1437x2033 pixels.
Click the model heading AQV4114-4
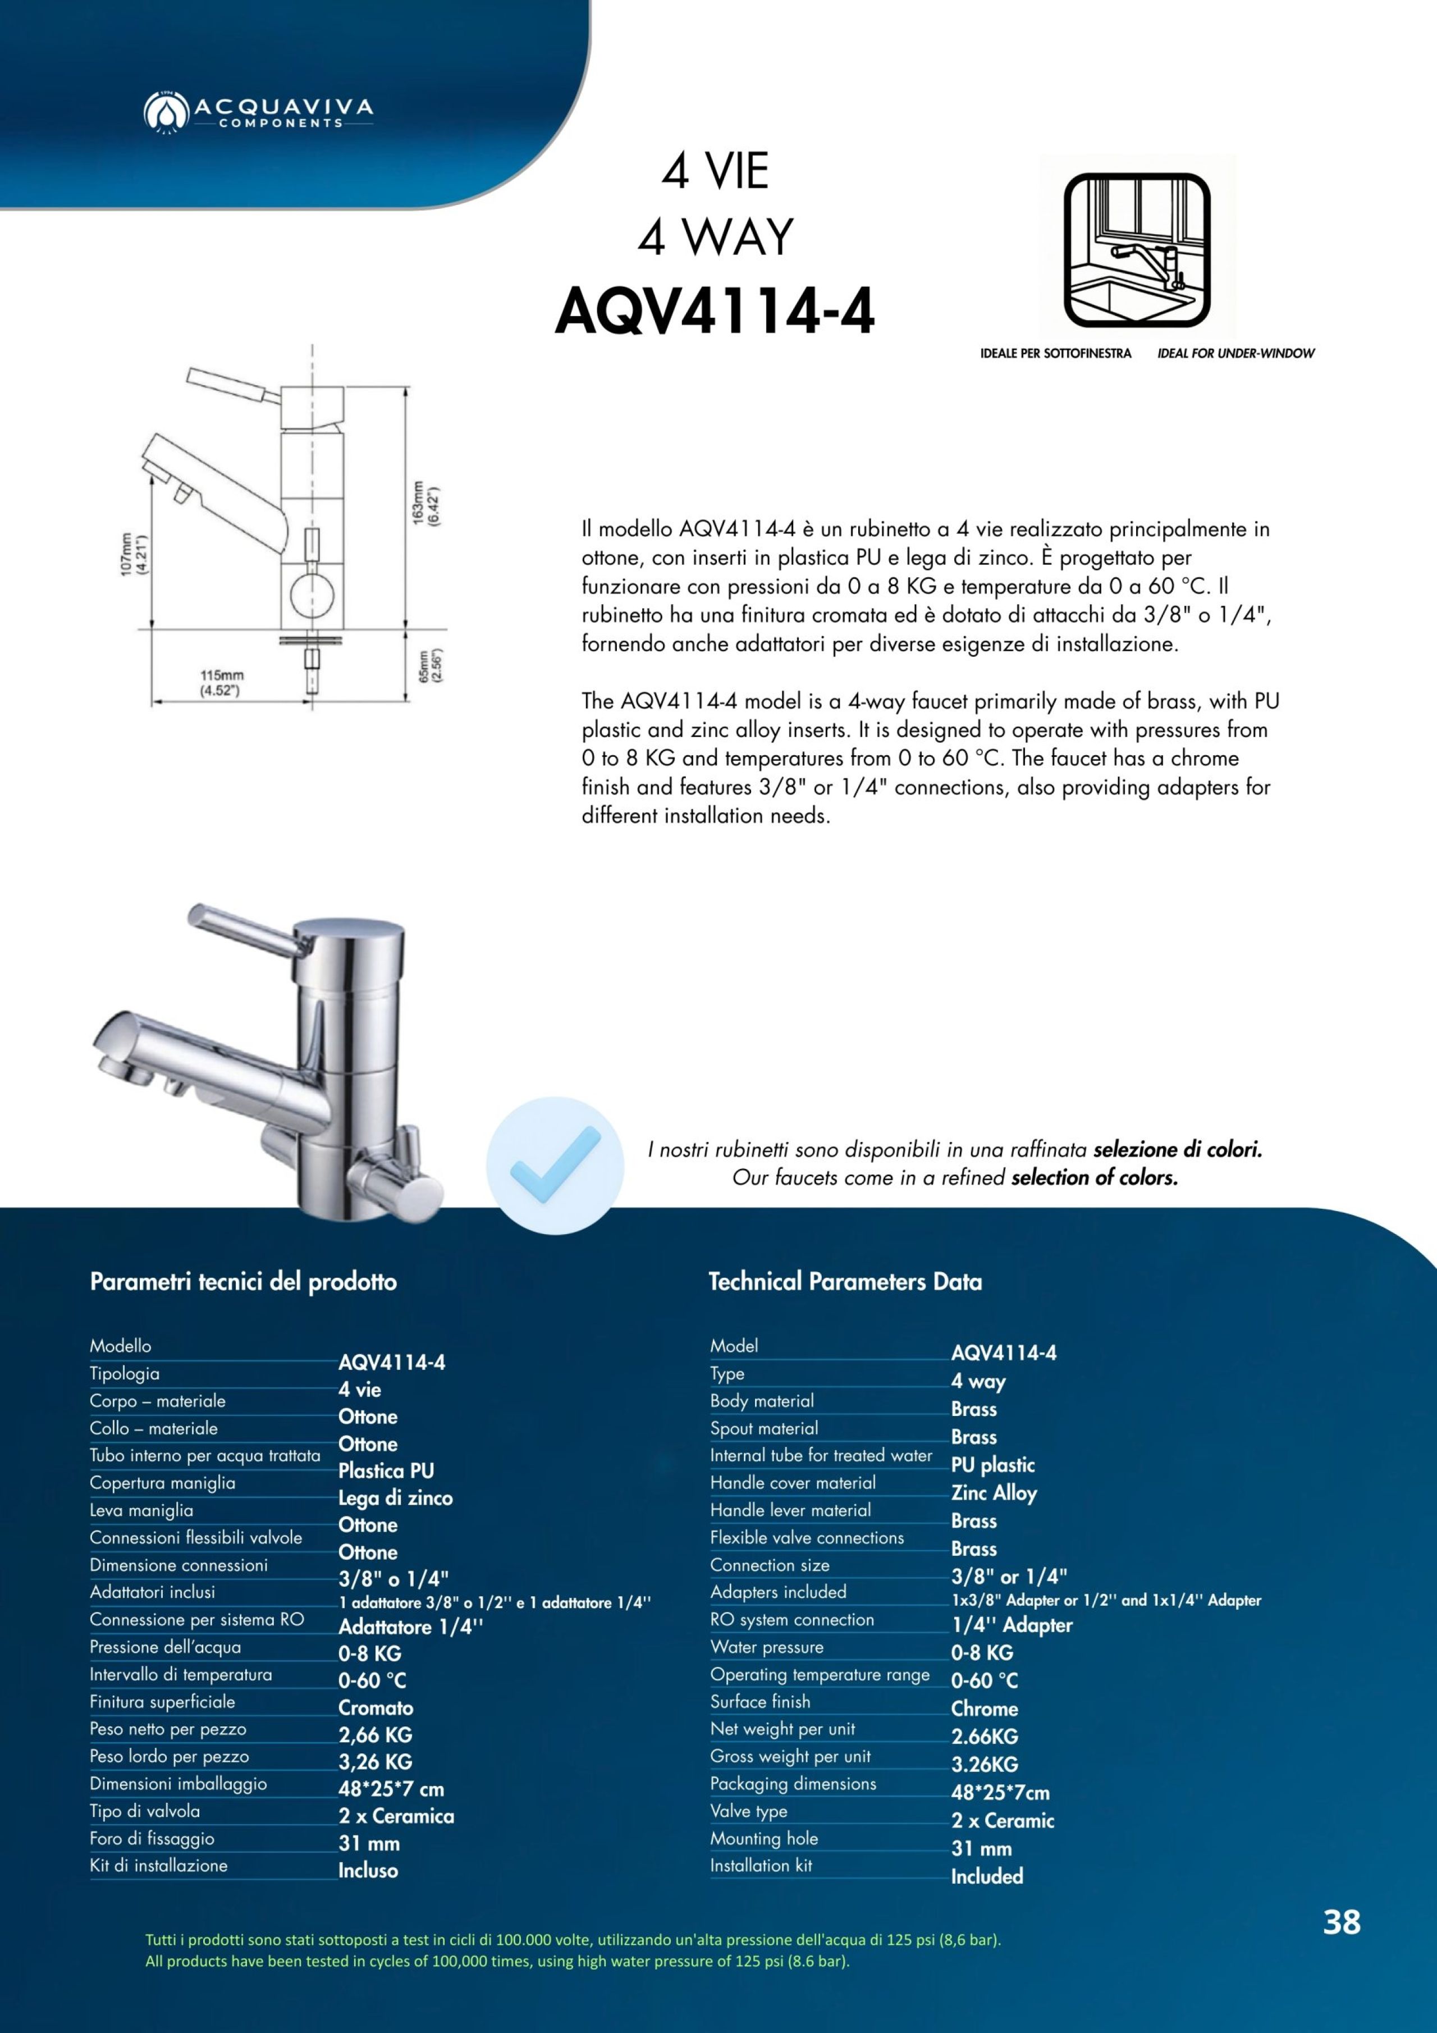click(x=715, y=313)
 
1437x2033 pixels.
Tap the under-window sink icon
click(x=1137, y=250)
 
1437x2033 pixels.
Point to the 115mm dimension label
click(x=221, y=683)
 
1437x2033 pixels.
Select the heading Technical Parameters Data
click(x=845, y=1281)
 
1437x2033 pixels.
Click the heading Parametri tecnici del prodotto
click(x=244, y=1281)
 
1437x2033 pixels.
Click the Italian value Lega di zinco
click(x=395, y=1498)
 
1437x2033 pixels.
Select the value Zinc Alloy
click(x=994, y=1493)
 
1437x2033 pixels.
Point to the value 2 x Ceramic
click(x=1003, y=1820)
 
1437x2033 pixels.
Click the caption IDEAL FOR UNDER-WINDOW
click(x=1235, y=353)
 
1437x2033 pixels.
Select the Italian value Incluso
click(x=368, y=1871)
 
